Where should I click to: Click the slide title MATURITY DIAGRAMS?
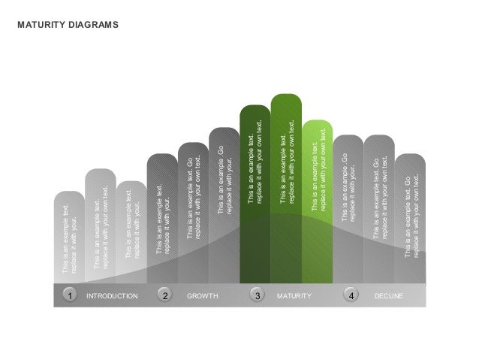coord(68,25)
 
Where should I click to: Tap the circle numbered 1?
coord(70,296)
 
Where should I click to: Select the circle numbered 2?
coord(166,296)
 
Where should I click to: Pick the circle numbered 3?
coord(258,296)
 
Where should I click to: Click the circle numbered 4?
coord(351,296)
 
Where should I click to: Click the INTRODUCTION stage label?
coord(113,297)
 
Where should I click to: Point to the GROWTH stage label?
coord(202,297)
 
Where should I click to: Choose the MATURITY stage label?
coord(294,297)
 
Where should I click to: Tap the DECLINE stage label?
coord(389,297)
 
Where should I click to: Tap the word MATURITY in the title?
coord(41,25)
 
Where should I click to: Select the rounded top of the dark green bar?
coord(255,111)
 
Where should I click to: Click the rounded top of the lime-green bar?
coord(318,125)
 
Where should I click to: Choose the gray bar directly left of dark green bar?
coord(224,203)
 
